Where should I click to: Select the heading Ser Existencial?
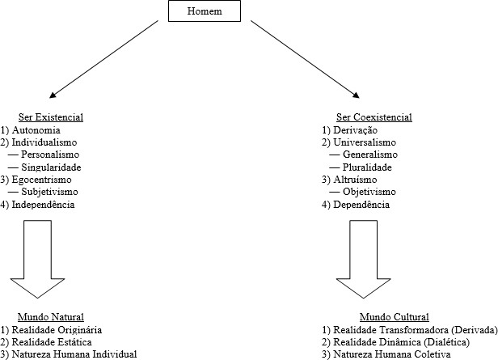click(51, 117)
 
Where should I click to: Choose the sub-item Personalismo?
click(51, 155)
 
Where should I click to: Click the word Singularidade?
click(52, 167)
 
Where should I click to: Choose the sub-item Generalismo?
click(370, 155)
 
